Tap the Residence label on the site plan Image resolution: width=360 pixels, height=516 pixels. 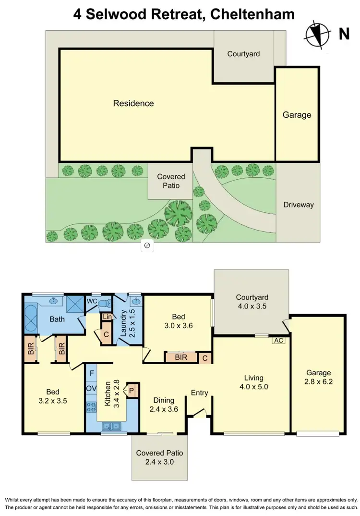tap(133, 103)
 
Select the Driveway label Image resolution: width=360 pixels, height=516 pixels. tap(298, 205)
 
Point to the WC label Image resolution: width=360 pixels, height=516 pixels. tap(92, 301)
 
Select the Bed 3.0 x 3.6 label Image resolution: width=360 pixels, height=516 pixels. tap(179, 321)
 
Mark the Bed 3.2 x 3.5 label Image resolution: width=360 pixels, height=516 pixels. tap(53, 395)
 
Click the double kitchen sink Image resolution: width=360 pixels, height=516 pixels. tap(111, 425)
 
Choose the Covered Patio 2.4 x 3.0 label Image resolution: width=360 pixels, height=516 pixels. tap(159, 457)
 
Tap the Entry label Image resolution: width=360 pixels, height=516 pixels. tap(200, 393)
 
